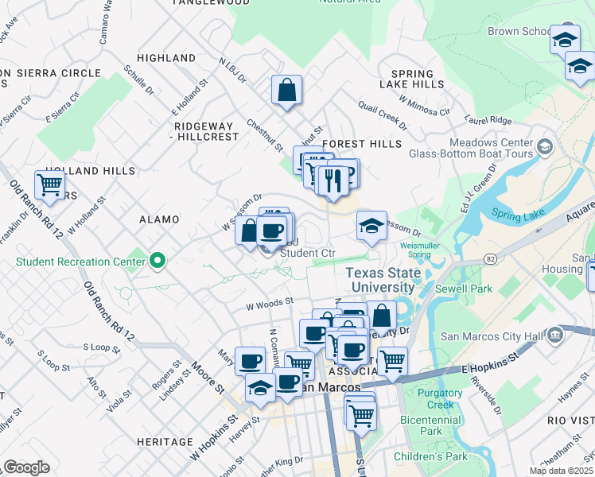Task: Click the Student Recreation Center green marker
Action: [157, 260]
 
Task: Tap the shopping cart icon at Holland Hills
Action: [49, 185]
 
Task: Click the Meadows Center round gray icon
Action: [545, 146]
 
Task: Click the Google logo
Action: [26, 467]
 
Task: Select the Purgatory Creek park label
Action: [439, 399]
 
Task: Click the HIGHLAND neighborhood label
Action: [166, 58]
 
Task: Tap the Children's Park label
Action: [430, 456]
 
